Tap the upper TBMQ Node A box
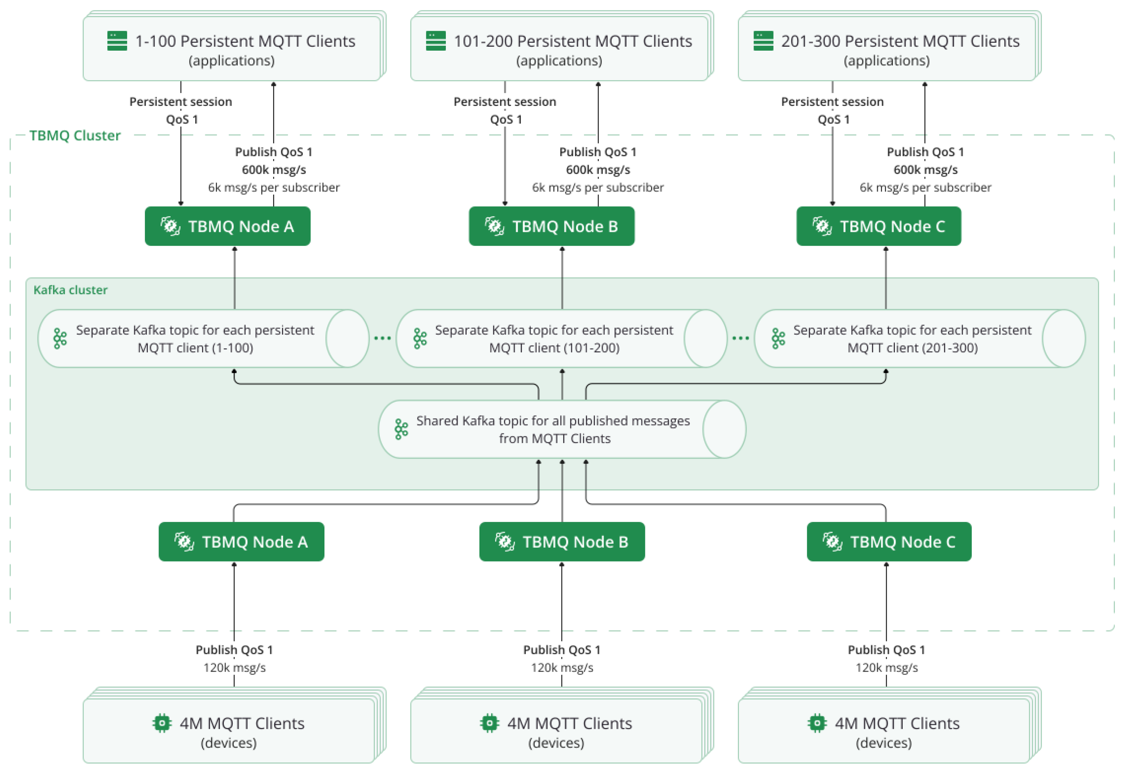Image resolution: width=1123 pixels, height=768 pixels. pyautogui.click(x=228, y=226)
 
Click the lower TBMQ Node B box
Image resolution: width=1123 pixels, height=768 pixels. pyautogui.click(x=561, y=541)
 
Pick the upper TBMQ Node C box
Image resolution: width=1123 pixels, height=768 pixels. pyautogui.click(x=878, y=226)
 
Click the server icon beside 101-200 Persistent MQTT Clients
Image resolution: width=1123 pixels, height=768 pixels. pyautogui.click(x=435, y=41)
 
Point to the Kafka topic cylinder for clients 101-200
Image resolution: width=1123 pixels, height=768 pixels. pyautogui.click(x=561, y=339)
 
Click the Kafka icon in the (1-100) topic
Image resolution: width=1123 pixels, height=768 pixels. pyautogui.click(x=60, y=339)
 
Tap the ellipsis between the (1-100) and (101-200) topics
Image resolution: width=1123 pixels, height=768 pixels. pyautogui.click(x=382, y=338)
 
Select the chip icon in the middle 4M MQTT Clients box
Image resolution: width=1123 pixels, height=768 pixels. pyautogui.click(x=489, y=723)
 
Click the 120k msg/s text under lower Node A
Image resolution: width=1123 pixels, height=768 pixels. pyautogui.click(x=235, y=667)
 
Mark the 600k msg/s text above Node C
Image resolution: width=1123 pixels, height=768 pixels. pyautogui.click(x=925, y=169)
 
